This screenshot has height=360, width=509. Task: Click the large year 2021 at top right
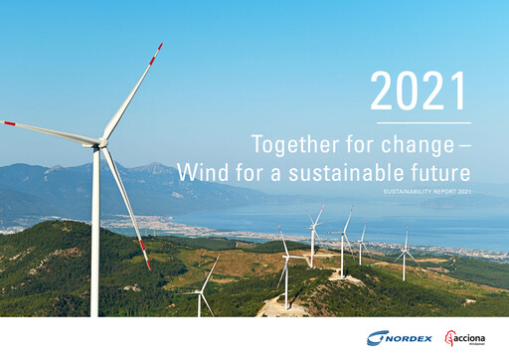click(x=418, y=92)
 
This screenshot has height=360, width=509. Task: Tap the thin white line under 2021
click(x=418, y=122)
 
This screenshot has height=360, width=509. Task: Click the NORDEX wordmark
click(x=411, y=339)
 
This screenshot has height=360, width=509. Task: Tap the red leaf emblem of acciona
click(x=449, y=338)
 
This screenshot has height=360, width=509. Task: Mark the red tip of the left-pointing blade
click(x=10, y=123)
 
